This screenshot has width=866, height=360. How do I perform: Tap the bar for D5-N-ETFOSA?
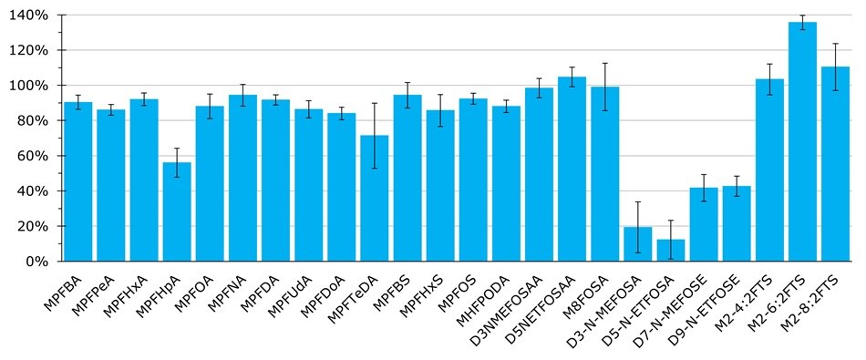coord(671,251)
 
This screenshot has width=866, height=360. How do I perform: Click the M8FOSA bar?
coord(604,174)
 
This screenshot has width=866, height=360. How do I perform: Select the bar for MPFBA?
coord(78,181)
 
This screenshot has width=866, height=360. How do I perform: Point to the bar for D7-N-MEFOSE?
coord(704,224)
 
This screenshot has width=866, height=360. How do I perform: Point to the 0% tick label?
coord(40,262)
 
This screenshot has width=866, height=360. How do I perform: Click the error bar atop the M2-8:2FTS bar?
coord(835,67)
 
